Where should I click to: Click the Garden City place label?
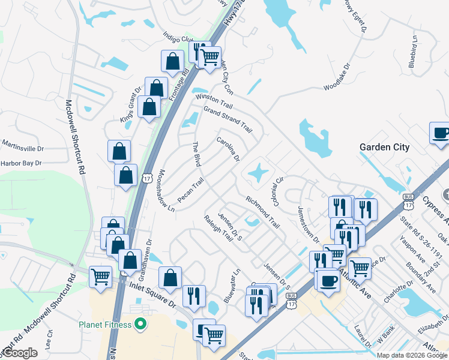pos(384,147)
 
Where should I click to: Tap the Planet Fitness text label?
pos(105,325)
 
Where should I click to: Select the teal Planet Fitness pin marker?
pos(140,325)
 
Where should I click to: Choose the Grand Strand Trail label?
pos(228,118)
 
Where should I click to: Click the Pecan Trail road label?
pos(191,190)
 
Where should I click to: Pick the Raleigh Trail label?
pos(218,228)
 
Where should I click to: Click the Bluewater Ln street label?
pos(232,281)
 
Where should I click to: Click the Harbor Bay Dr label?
pos(21,163)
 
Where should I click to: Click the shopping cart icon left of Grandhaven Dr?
pos(100,277)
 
